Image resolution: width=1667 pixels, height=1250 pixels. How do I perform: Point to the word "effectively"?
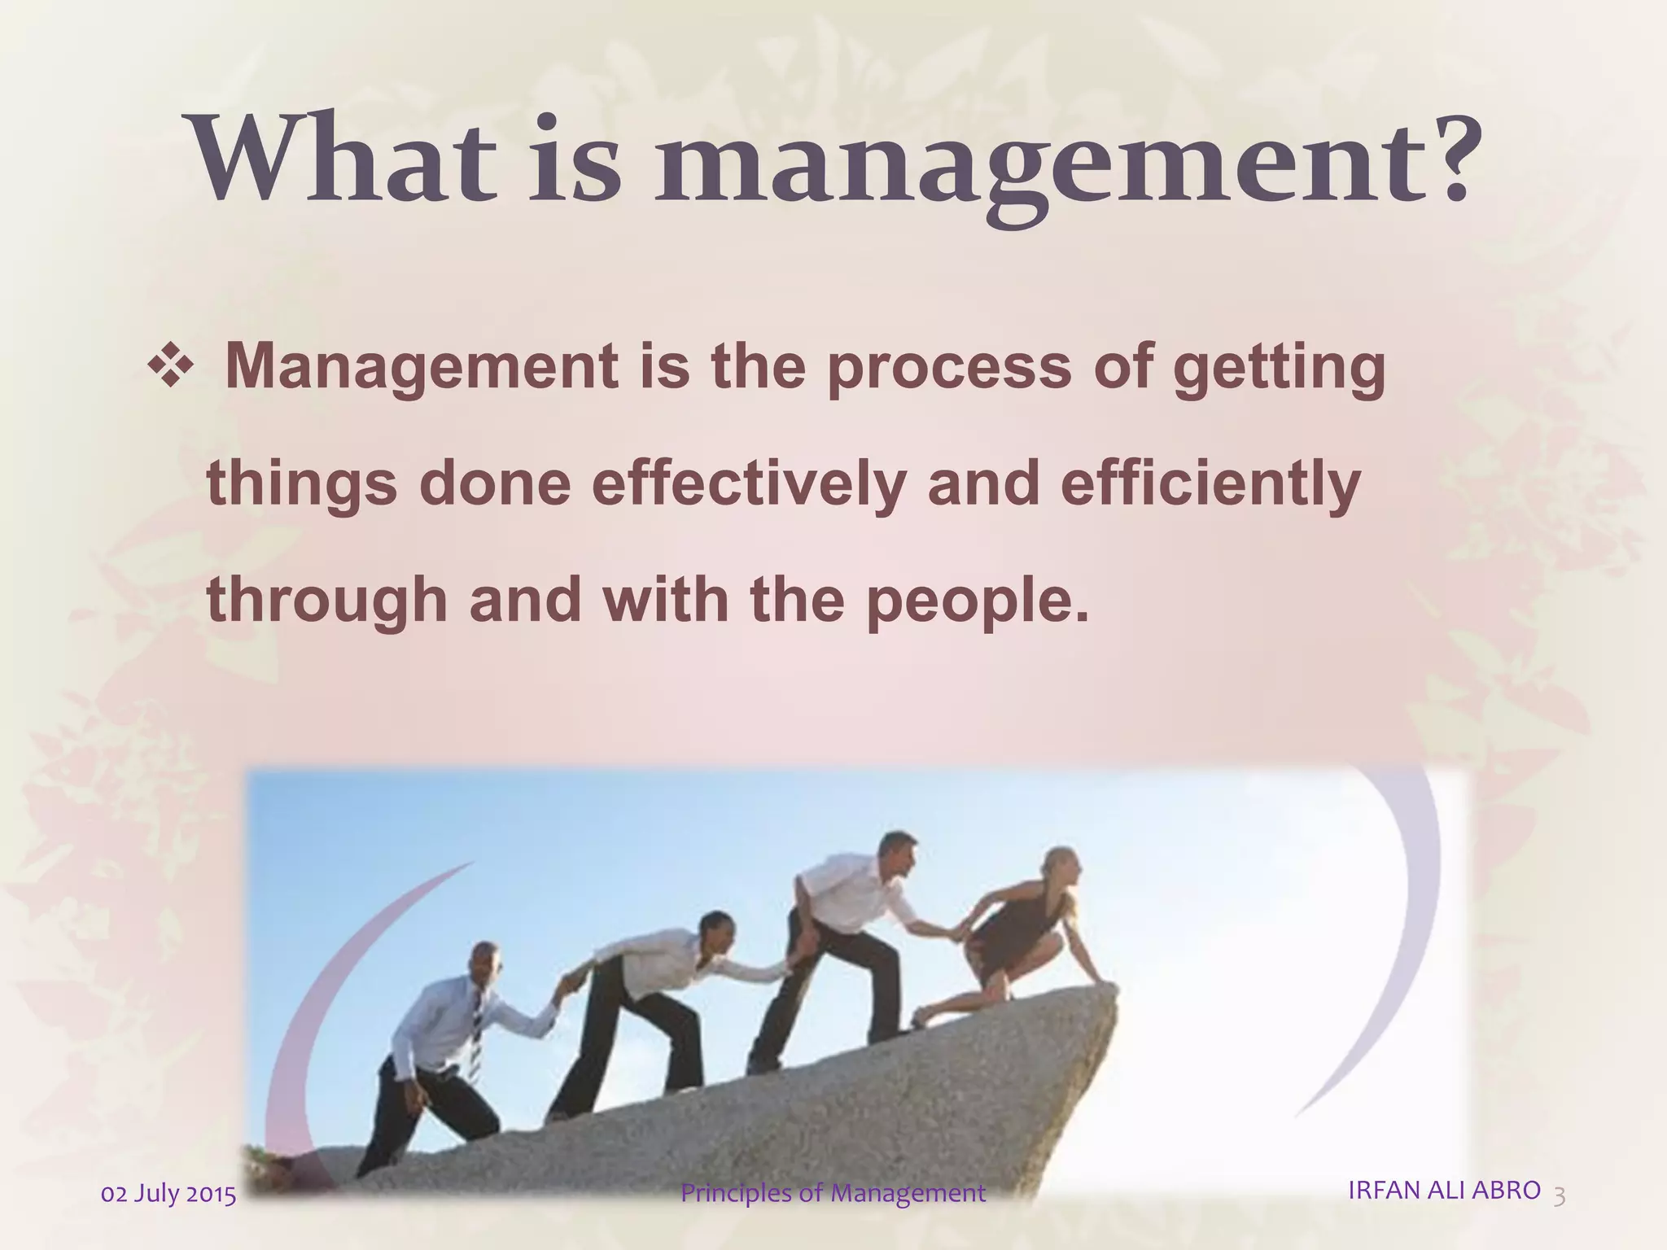point(748,484)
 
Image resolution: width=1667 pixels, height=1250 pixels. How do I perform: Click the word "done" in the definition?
point(495,484)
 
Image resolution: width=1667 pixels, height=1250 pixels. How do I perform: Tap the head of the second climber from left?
point(716,930)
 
